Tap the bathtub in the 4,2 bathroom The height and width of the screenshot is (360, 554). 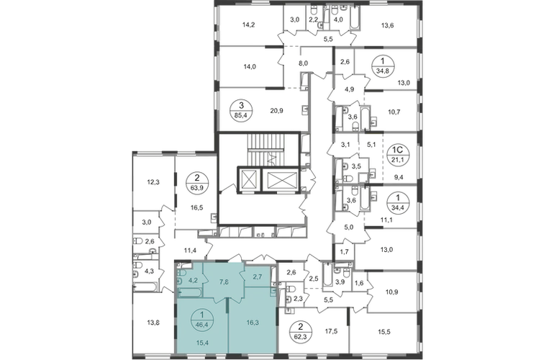pos(190,292)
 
